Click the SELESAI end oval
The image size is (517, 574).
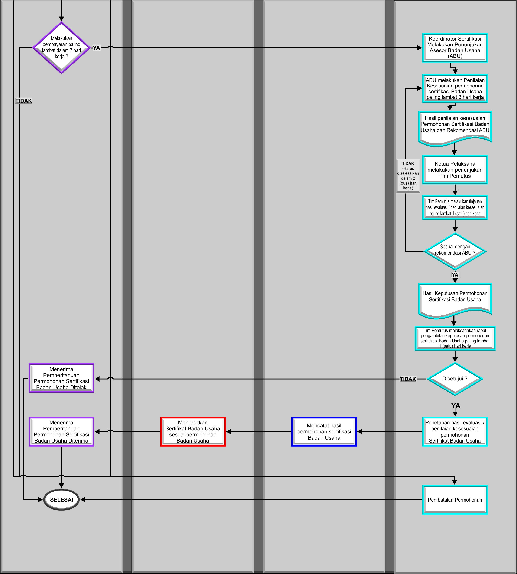[61, 500]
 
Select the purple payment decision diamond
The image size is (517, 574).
[61, 48]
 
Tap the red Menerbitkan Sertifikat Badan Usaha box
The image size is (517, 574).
[193, 431]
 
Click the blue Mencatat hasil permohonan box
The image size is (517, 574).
[324, 431]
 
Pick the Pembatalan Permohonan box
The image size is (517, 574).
[455, 500]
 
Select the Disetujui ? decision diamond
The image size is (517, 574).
[455, 379]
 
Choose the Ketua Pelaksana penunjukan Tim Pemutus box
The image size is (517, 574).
[455, 170]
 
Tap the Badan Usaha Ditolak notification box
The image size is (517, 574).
[61, 378]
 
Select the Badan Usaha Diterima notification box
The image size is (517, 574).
[61, 431]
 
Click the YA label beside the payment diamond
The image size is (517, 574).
[97, 48]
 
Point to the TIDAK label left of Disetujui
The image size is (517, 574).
[408, 379]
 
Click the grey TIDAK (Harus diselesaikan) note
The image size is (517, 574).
[408, 175]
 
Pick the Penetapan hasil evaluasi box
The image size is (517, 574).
[455, 431]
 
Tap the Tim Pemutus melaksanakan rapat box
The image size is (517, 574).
[455, 338]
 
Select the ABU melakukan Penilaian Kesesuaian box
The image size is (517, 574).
[455, 88]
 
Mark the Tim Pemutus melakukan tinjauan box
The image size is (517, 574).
[455, 208]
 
